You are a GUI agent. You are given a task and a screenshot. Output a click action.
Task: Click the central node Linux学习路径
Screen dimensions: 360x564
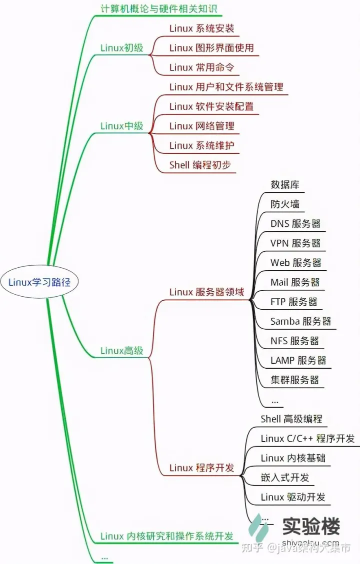click(x=39, y=282)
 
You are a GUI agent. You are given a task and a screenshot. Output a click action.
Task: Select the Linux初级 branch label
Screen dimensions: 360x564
click(x=121, y=48)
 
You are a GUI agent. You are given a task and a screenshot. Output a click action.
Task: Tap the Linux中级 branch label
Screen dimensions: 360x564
click(x=121, y=126)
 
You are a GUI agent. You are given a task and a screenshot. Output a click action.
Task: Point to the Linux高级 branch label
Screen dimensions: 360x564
click(x=121, y=351)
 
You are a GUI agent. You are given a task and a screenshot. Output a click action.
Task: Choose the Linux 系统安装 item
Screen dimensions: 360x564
click(x=201, y=28)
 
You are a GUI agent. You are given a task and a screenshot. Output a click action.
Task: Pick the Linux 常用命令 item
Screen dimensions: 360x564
click(x=201, y=67)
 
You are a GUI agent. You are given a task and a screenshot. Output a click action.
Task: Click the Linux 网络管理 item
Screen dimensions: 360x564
click(x=201, y=126)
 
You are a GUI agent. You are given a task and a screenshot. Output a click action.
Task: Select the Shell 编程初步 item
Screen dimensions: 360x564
click(x=200, y=165)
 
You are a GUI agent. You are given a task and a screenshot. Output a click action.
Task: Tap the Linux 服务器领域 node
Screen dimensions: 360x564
click(x=206, y=292)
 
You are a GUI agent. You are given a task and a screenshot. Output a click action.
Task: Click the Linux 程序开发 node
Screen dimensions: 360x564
click(x=201, y=468)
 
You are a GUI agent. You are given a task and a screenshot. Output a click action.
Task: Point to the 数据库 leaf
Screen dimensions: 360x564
click(x=285, y=185)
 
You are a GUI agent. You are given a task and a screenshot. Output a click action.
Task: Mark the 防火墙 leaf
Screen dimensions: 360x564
click(x=285, y=204)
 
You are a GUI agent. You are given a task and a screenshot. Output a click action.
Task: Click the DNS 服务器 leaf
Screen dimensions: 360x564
click(x=295, y=224)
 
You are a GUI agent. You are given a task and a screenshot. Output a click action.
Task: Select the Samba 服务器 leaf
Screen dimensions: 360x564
click(x=300, y=321)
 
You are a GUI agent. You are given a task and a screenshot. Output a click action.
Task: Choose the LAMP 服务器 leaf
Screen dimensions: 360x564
click(x=298, y=360)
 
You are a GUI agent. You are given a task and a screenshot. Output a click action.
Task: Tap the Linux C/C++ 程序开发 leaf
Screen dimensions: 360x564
click(x=307, y=439)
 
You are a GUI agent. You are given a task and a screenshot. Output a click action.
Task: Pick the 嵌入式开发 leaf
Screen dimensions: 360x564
click(x=285, y=478)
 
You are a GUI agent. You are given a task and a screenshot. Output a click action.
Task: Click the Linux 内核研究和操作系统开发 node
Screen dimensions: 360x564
click(x=167, y=537)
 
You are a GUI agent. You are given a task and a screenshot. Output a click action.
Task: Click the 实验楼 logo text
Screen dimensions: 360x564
click(x=311, y=526)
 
